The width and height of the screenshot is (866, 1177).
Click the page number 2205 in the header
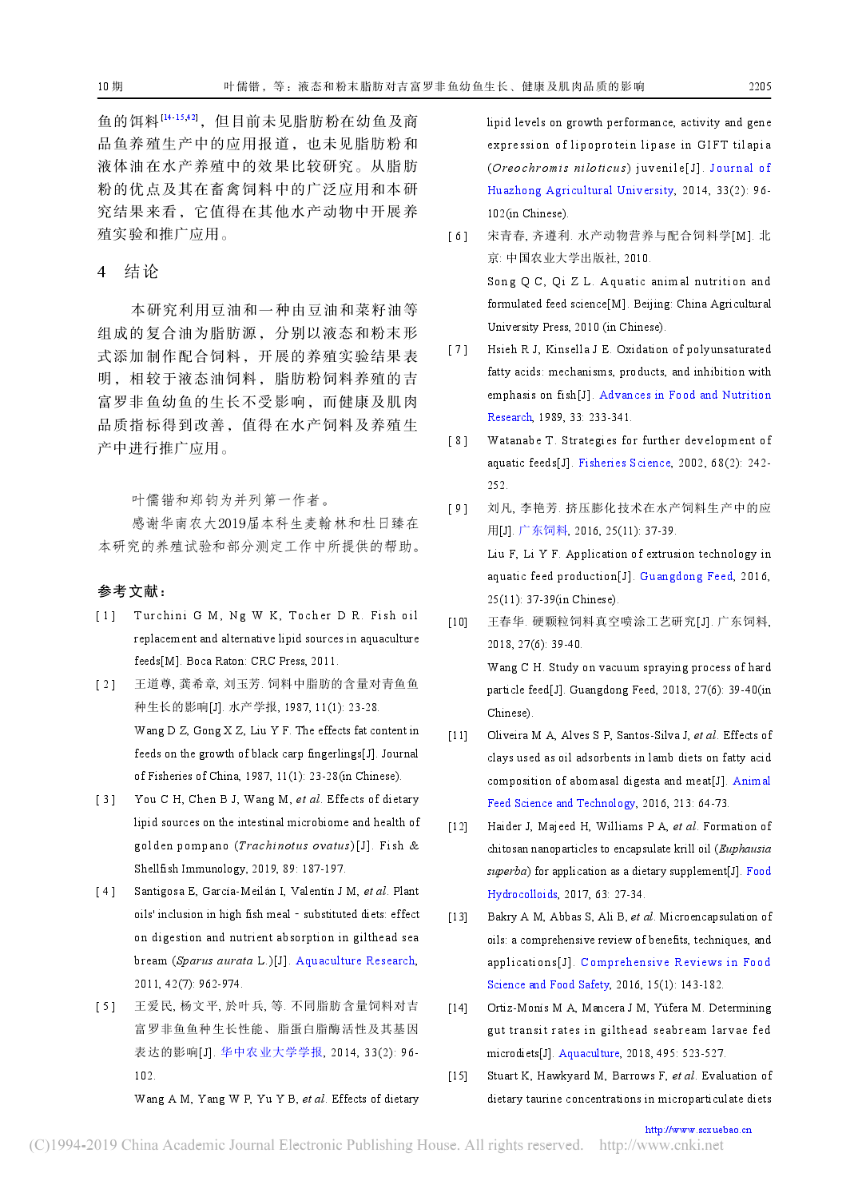(x=759, y=86)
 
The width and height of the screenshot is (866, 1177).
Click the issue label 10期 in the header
(x=110, y=86)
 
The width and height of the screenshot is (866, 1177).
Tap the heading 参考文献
(x=132, y=591)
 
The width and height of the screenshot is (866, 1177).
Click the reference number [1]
(x=105, y=615)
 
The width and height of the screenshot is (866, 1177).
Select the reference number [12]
(x=458, y=827)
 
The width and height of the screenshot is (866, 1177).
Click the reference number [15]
(x=458, y=1076)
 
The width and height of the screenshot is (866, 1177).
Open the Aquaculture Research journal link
(x=356, y=960)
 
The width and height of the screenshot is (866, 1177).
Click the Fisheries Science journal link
(x=625, y=463)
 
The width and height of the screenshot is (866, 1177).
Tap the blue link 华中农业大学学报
(x=272, y=1052)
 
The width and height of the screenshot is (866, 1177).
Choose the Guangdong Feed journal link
(x=686, y=576)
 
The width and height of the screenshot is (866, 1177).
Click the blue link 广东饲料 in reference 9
(x=543, y=531)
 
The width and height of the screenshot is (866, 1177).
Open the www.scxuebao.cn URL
(x=698, y=1130)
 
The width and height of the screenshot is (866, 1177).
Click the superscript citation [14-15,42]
(x=179, y=117)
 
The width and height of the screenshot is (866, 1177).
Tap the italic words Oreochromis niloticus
(x=558, y=168)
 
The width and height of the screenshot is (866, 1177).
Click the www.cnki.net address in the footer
(x=661, y=1145)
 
